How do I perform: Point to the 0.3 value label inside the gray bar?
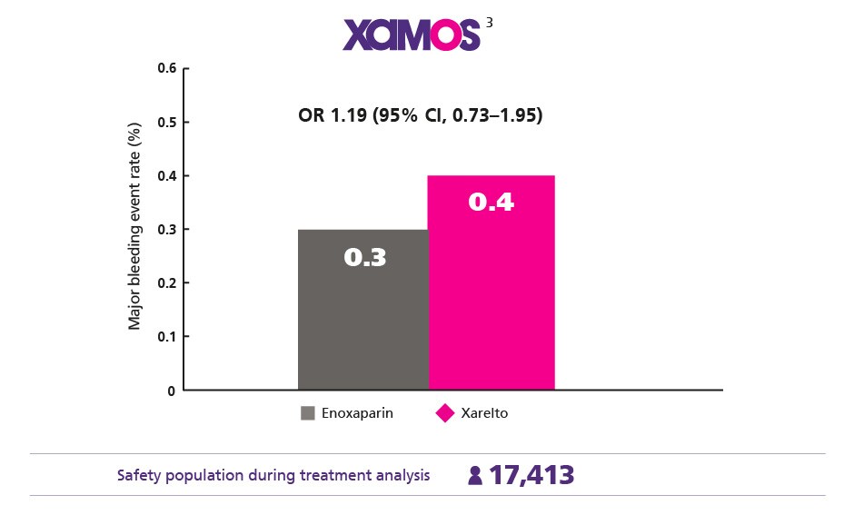tap(365, 258)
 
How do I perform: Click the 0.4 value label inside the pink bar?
tap(491, 202)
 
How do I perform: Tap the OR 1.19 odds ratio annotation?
tap(420, 115)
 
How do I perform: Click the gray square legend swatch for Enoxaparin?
tap(308, 413)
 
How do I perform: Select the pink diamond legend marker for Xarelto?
tap(445, 413)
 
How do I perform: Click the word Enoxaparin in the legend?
tap(356, 413)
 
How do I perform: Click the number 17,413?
tap(531, 475)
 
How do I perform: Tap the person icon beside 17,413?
tap(474, 476)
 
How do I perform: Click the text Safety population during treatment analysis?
tap(273, 475)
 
